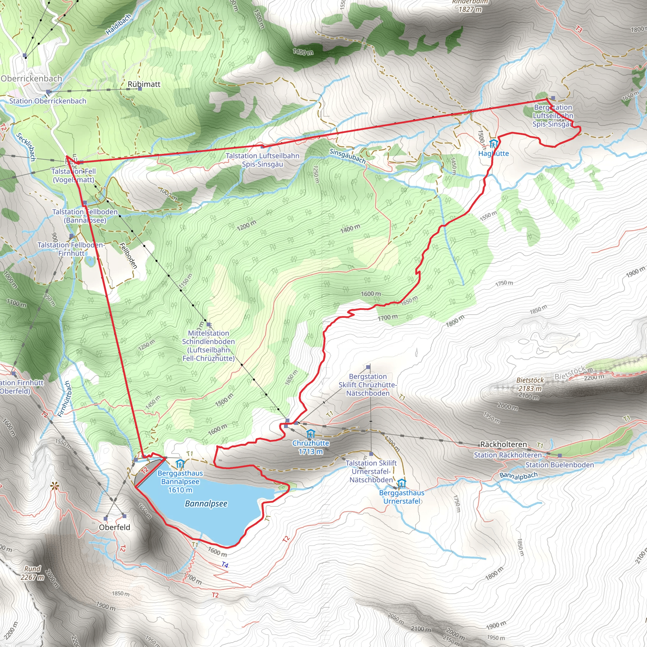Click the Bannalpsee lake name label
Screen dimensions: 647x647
pos(206,504)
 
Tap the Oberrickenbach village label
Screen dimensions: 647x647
pos(32,78)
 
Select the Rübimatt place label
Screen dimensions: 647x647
pos(144,84)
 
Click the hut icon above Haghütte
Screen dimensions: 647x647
pos(493,144)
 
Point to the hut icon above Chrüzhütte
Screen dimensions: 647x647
pos(311,434)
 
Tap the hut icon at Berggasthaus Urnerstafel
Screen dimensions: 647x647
pos(402,484)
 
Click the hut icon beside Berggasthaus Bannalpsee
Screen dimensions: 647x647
pos(180,464)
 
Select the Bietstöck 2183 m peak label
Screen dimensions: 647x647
pos(530,384)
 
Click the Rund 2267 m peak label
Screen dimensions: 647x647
pos(33,573)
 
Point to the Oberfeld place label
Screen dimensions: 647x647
pos(115,527)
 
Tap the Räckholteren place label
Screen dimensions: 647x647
pos(503,444)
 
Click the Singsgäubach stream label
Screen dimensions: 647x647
pos(347,156)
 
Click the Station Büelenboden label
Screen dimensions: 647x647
pos(559,465)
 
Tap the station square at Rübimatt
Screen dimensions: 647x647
pos(140,89)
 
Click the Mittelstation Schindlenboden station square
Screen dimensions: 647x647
pos(209,324)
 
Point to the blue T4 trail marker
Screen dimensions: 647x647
pos(225,565)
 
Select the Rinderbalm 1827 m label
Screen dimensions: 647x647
pos(470,6)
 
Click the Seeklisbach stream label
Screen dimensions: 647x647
pos(26,147)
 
